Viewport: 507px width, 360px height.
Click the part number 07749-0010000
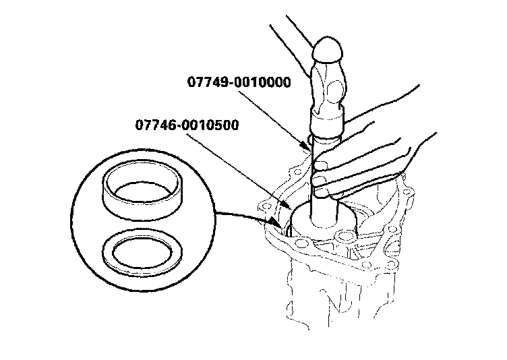tap(239, 83)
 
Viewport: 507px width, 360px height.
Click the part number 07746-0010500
tap(185, 125)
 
